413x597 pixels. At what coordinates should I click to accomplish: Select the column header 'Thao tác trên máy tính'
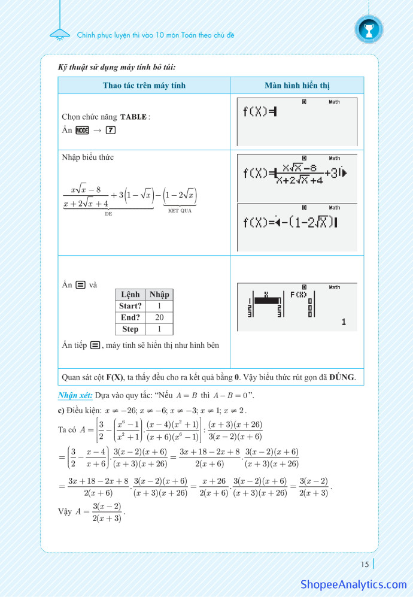coord(144,86)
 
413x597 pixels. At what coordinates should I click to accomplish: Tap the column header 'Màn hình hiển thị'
coord(297,86)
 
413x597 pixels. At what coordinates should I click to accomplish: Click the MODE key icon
coord(83,130)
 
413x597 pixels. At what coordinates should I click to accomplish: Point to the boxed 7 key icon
coord(110,130)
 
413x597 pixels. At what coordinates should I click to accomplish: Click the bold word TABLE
coord(133,117)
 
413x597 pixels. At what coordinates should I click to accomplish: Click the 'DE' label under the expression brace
coord(108,213)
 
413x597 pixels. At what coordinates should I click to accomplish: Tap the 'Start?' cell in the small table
coord(130,306)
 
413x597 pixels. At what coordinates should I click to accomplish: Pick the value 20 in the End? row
coord(159,317)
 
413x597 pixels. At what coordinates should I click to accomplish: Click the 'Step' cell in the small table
coord(130,329)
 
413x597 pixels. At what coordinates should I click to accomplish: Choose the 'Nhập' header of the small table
coord(159,294)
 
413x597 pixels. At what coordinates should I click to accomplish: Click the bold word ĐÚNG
coord(342,377)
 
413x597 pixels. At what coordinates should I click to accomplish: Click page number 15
coord(365,563)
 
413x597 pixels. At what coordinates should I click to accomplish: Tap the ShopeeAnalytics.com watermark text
coord(353,584)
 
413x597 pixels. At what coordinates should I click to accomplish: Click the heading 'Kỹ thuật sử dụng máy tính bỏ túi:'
coord(117,67)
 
